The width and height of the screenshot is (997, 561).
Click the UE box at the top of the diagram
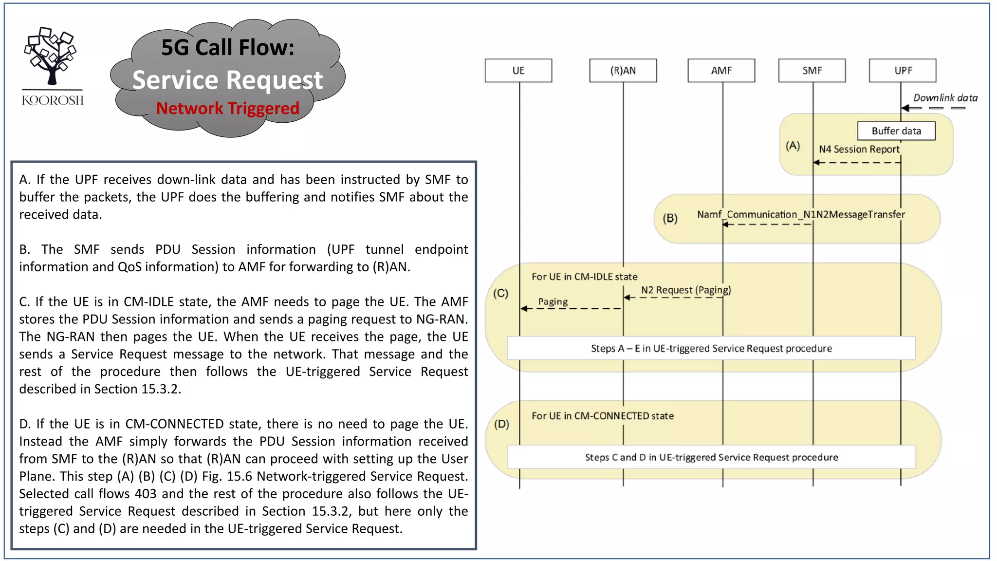pos(518,71)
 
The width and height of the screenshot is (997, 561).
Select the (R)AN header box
pos(623,71)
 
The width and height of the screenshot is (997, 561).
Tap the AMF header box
pos(721,71)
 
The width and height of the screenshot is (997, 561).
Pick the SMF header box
pos(812,71)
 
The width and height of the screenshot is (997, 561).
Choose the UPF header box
pos(903,71)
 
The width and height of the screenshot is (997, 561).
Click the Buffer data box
pos(896,131)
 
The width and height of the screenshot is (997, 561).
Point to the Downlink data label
pos(945,98)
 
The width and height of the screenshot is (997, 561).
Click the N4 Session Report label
pos(859,150)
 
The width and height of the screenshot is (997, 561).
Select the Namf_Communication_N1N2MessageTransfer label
pos(801,215)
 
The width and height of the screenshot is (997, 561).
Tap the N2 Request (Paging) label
pos(685,290)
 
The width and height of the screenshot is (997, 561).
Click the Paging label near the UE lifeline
pos(553,302)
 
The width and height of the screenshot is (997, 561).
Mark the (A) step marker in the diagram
pos(793,146)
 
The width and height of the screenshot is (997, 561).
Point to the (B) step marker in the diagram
pos(670,218)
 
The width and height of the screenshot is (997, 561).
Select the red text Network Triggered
pos(227,108)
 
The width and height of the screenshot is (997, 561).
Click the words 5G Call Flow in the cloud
pos(227,48)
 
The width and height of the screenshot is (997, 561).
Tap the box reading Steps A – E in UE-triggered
pos(711,348)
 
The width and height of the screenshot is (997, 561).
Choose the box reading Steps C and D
pos(711,457)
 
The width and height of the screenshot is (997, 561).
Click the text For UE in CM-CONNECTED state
pos(602,416)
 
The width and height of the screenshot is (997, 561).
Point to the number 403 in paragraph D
pos(146,494)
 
